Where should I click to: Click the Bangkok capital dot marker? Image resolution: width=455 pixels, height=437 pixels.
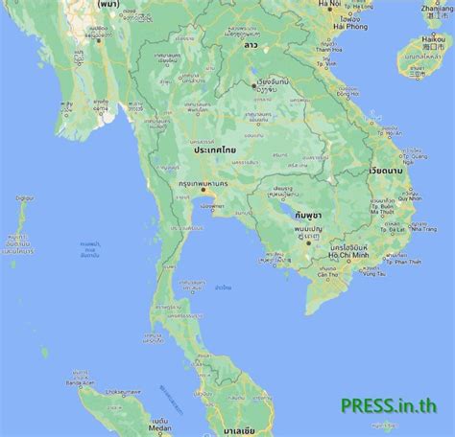(x=202, y=190)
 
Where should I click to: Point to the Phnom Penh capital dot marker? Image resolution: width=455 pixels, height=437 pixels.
(x=306, y=241)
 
